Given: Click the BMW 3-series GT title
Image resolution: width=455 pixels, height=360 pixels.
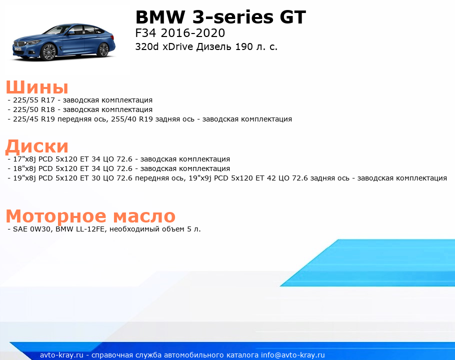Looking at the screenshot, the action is coord(220,17).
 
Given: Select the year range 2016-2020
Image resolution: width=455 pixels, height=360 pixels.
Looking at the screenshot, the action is coord(192,33).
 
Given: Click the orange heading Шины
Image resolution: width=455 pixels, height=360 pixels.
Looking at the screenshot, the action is coord(37,86).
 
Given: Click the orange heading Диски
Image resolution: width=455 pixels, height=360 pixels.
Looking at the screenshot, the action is coord(37,146).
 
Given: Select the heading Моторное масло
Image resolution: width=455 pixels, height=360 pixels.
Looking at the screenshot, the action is coord(90,216).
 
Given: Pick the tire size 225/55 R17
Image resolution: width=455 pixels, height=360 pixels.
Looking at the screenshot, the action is coord(34,100).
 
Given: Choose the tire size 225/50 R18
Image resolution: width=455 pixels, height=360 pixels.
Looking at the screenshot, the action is coord(34,109).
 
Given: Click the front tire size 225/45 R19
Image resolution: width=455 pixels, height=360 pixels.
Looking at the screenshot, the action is coord(34,119).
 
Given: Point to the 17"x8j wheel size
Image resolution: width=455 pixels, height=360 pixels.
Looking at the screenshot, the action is coord(24,159).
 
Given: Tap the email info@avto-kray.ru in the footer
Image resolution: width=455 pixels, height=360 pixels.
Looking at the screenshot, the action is coord(293,355).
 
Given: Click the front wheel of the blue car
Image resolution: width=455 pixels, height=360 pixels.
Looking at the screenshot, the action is coord(49,52).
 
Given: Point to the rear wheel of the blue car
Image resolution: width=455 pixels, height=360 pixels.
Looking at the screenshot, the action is coord(103,49).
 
